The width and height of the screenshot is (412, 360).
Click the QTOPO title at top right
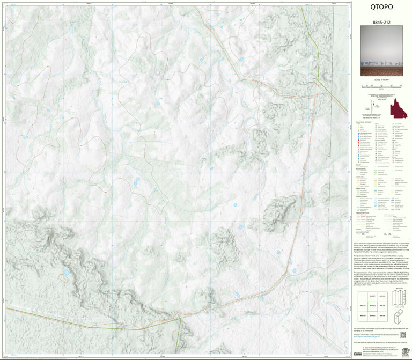[381, 7]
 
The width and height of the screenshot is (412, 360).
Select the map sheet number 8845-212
[381, 23]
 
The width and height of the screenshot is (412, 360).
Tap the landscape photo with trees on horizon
[381, 54]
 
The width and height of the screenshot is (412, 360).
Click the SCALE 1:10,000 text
[381, 79]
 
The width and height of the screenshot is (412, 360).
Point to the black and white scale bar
[381, 85]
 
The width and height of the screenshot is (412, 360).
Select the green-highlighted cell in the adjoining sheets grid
[372, 307]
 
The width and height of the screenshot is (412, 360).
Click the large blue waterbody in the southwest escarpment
[66, 273]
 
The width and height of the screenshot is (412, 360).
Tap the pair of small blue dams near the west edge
[47, 112]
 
